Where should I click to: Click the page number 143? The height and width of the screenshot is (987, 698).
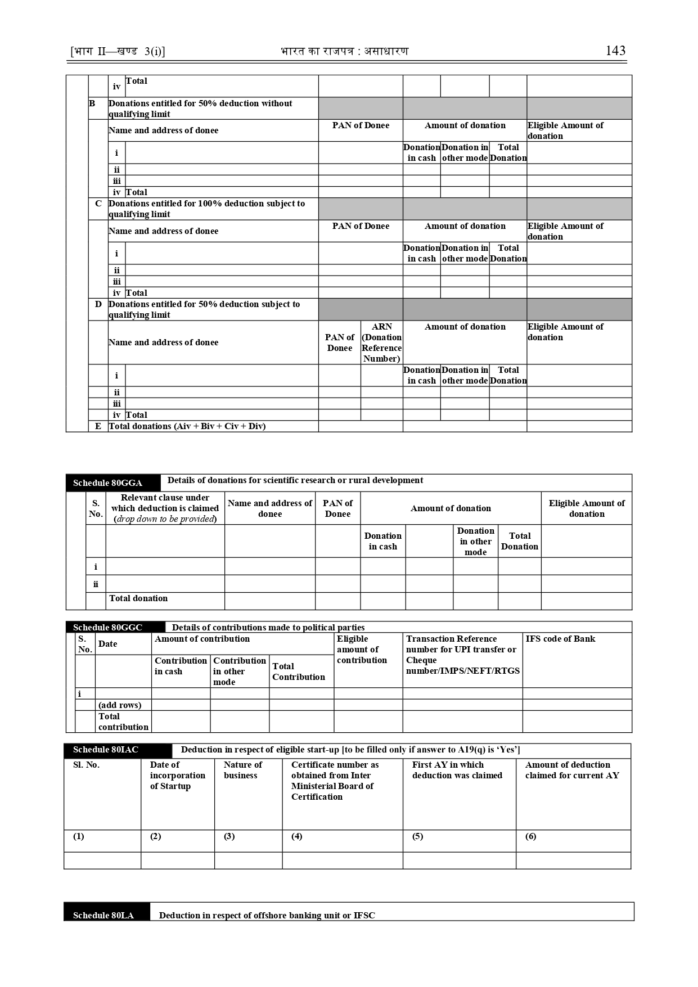point(615,51)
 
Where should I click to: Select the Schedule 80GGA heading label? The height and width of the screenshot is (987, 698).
point(107,483)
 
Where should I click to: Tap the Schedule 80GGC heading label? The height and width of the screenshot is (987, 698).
point(107,628)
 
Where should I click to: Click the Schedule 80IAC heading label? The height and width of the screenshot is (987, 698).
point(106,750)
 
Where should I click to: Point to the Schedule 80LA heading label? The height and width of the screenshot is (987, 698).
point(103,915)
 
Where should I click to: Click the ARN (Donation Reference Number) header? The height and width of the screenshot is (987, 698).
point(381,342)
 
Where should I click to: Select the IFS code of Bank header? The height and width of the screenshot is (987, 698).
point(560,639)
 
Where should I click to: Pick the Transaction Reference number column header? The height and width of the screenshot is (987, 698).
point(462,655)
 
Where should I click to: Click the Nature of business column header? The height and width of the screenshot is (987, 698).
point(242,770)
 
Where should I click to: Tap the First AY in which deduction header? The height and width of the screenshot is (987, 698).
point(457,770)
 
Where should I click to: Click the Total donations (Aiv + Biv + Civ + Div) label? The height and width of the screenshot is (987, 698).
point(187,426)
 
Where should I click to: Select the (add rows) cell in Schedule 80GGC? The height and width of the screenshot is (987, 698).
point(120,705)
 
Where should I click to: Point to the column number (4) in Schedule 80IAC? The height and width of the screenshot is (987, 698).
point(297,836)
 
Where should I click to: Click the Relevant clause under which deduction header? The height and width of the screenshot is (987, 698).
point(165,508)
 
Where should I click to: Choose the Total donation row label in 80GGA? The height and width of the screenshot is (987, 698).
point(138,598)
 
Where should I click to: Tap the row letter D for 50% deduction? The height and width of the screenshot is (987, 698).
point(98,304)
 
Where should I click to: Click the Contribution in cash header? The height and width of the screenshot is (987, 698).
point(181,666)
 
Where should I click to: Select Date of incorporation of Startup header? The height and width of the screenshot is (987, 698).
point(177,775)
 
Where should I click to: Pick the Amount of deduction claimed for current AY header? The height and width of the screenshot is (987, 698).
point(572,770)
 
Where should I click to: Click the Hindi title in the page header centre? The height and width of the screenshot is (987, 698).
point(345,51)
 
